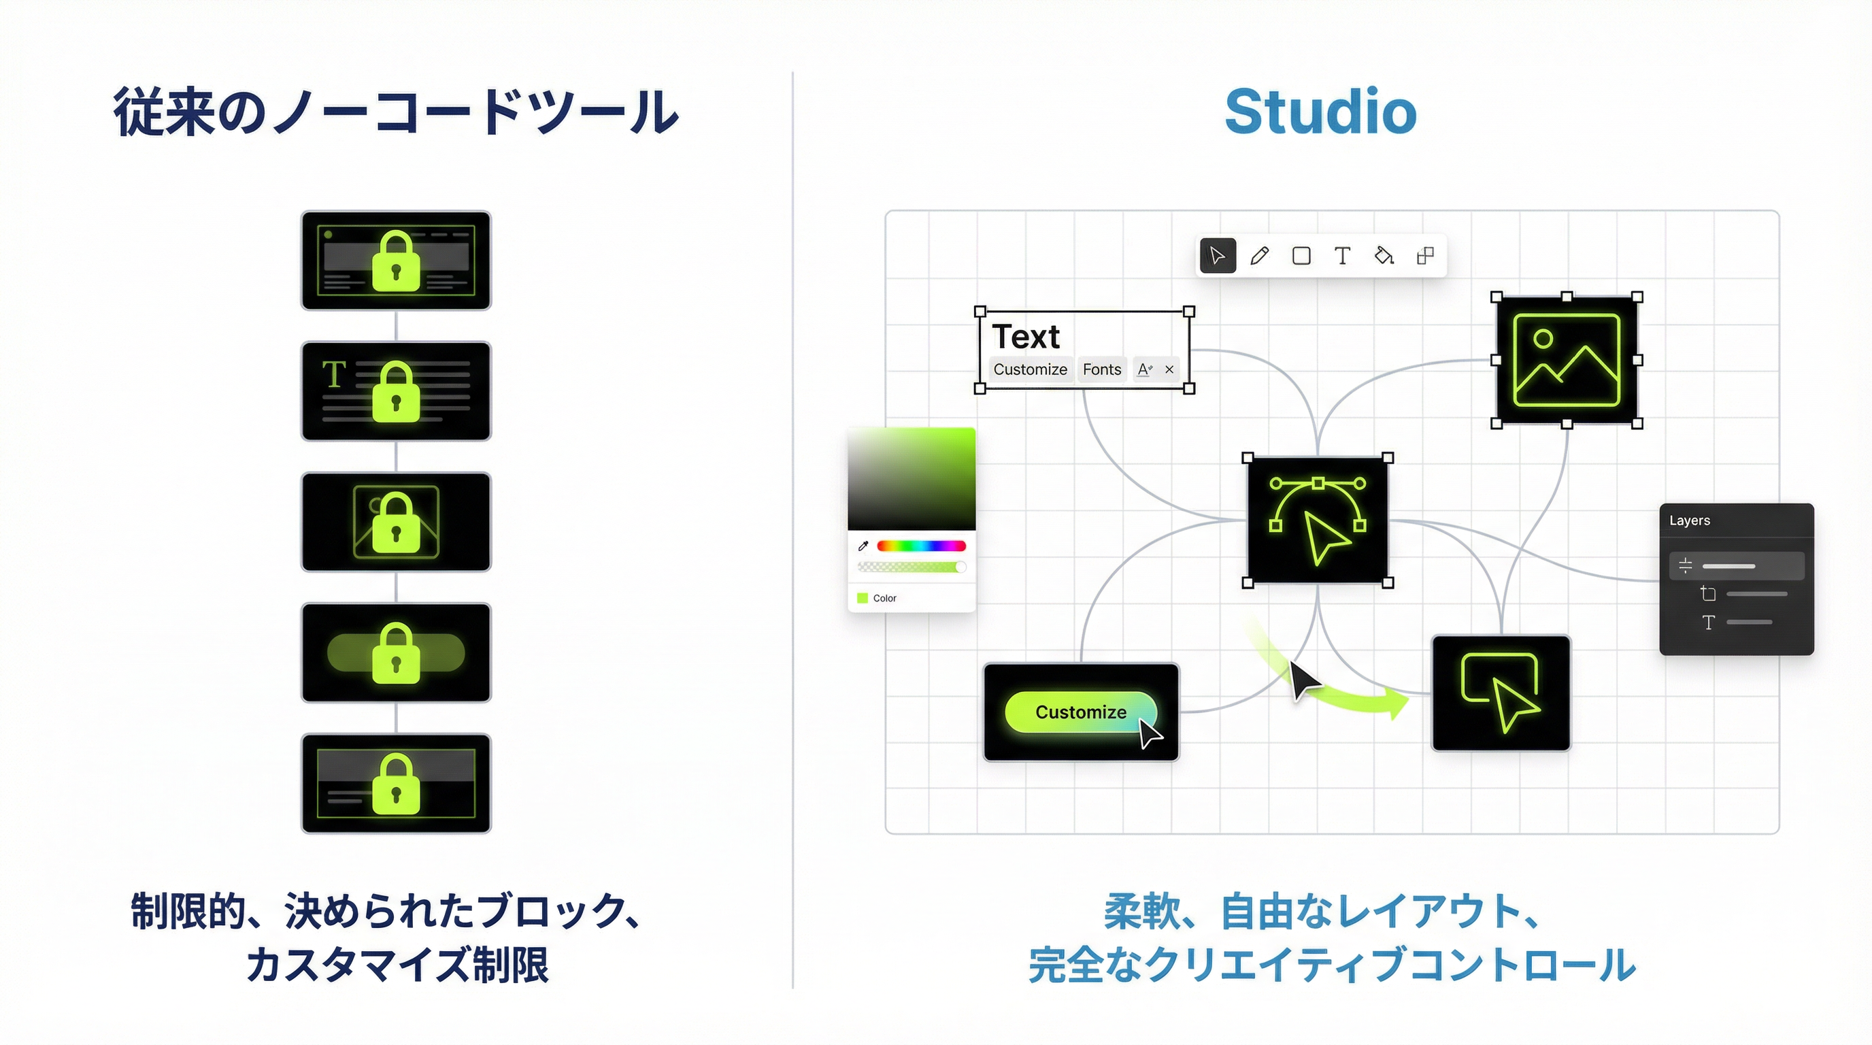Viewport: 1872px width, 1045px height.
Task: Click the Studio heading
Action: [x=1320, y=112]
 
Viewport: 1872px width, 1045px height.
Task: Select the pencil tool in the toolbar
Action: [x=1259, y=256]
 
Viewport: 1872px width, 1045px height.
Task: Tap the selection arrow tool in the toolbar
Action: [x=1217, y=256]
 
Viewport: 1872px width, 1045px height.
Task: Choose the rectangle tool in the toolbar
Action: [x=1301, y=256]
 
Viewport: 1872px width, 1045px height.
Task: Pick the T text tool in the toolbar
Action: [x=1342, y=256]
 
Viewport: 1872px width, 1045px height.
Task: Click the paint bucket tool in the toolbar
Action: [x=1384, y=256]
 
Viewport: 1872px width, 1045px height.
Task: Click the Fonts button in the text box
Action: [x=1102, y=369]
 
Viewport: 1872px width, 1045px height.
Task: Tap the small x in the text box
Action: [x=1169, y=369]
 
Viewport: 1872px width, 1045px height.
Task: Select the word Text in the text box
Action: [x=1025, y=337]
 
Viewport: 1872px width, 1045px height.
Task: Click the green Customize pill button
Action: [x=1080, y=712]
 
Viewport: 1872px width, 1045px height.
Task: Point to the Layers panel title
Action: [x=1690, y=520]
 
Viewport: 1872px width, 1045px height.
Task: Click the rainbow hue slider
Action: [x=921, y=546]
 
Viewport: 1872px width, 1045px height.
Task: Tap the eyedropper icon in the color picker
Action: [x=863, y=546]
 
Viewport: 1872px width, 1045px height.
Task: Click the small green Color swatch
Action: [x=863, y=598]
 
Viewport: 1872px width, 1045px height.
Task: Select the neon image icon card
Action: [x=1566, y=361]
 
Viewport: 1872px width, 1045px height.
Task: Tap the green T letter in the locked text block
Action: [x=333, y=375]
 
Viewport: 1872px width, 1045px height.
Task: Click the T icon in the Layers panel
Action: [x=1709, y=622]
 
